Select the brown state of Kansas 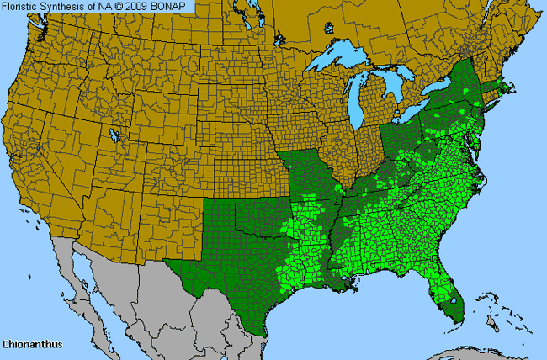(x=244, y=172)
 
